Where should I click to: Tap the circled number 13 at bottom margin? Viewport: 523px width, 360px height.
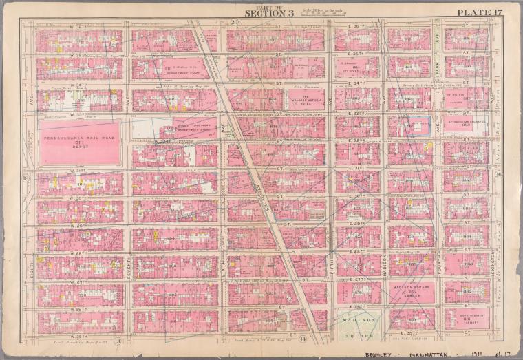coord(118,339)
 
